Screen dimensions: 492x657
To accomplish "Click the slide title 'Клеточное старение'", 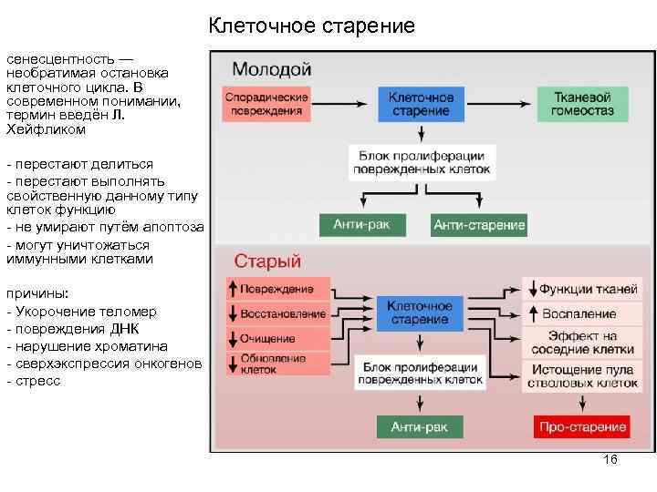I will point(311,26).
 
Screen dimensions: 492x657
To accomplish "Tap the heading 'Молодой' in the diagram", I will point(271,69).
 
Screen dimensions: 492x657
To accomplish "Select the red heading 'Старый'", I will point(267,261).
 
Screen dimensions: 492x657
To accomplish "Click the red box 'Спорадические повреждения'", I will point(266,104).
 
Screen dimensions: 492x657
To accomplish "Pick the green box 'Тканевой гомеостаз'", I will point(581,104).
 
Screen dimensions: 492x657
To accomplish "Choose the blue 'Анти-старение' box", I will point(479,225).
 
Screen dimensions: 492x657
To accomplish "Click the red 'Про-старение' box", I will point(582,426).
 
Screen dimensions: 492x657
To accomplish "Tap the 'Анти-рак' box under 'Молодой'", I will point(361,224).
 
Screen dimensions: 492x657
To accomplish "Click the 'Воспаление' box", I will point(580,313).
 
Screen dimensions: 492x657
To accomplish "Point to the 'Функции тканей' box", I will point(580,290).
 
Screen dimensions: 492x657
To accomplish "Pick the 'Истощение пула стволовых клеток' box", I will point(580,376).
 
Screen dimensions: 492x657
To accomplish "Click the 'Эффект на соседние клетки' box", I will point(580,343).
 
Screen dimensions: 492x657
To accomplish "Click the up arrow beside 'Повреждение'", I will point(233,289).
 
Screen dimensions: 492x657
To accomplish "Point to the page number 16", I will point(610,460).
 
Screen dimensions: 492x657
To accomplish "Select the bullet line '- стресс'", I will point(34,381).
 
